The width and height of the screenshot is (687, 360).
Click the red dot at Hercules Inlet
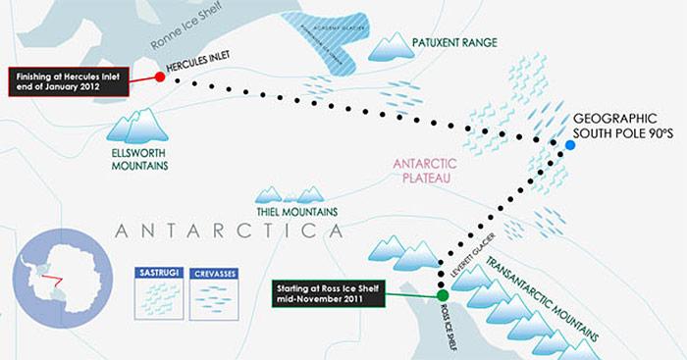coord(160,77)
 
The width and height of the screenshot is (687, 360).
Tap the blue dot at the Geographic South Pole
coord(570,146)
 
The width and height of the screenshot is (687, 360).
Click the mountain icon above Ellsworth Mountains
coord(135,124)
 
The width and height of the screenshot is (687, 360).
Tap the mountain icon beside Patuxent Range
coord(397,46)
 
